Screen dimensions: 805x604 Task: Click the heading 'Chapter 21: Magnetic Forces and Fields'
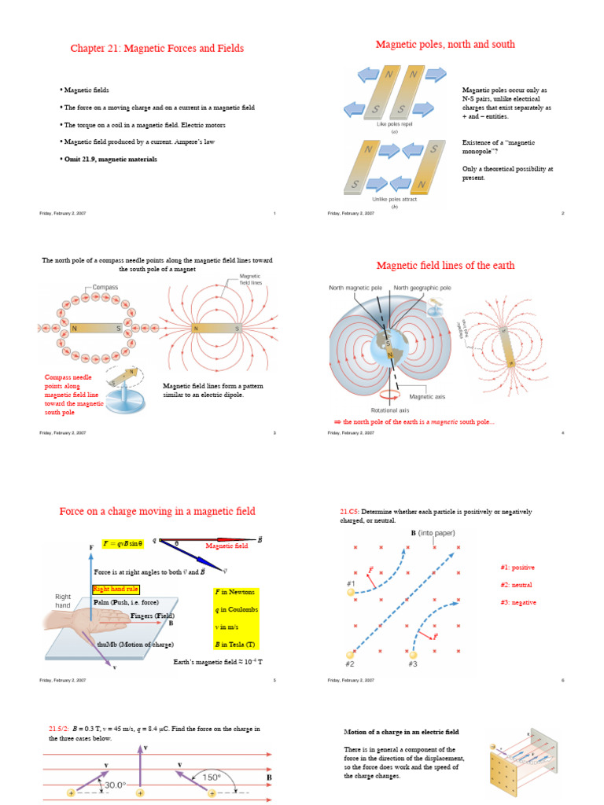click(157, 49)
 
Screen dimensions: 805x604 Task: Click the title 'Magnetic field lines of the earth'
click(445, 266)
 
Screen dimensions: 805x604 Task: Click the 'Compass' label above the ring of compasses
click(105, 288)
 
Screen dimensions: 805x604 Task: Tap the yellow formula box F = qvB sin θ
click(124, 543)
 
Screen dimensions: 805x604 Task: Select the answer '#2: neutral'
click(517, 585)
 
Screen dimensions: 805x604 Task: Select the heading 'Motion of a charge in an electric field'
click(401, 732)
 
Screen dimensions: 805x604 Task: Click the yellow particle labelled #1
click(351, 593)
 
